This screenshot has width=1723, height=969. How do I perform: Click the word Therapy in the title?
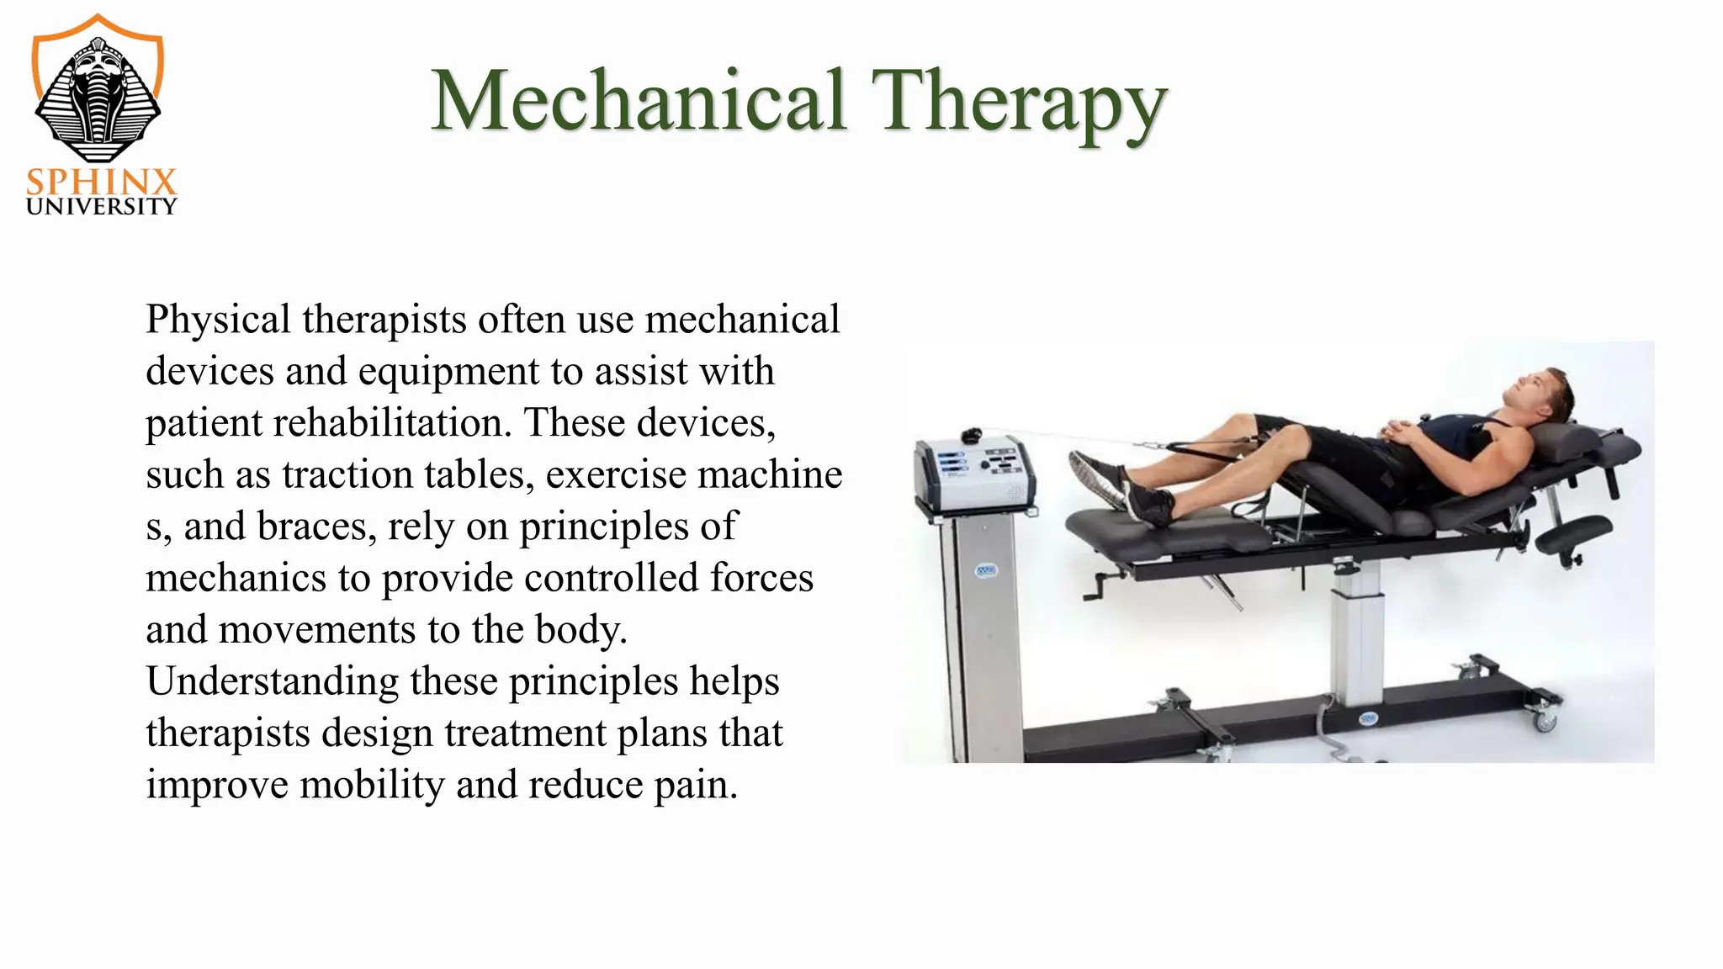point(1018,103)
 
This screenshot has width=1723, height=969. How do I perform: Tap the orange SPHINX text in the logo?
point(101,182)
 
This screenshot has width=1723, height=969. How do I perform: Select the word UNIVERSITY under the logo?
point(101,207)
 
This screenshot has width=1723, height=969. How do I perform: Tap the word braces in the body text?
point(316,527)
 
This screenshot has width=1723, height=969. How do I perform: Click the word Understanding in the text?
point(272,681)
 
